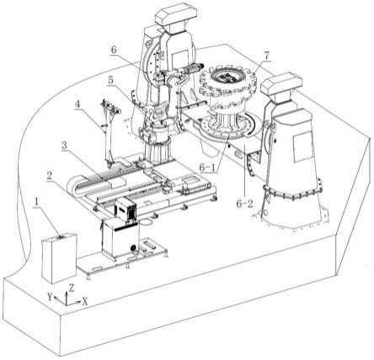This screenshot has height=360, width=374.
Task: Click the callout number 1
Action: (x=36, y=201)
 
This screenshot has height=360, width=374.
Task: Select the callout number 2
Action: (x=50, y=176)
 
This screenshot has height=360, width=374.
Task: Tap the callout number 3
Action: (x=65, y=146)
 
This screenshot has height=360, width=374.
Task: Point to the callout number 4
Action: (x=77, y=104)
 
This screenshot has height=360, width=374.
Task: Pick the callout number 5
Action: (x=111, y=80)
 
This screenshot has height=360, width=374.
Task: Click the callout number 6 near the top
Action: (x=114, y=50)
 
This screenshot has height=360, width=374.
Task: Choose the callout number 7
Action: (x=266, y=56)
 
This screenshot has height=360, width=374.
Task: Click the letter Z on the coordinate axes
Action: (x=72, y=288)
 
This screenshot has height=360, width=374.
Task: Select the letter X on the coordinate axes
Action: (x=85, y=302)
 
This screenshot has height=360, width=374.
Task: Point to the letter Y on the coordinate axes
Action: (x=50, y=297)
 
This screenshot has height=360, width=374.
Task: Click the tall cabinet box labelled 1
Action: (x=59, y=257)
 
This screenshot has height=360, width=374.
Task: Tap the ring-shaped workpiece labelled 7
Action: (x=228, y=84)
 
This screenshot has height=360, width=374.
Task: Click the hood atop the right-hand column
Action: (x=281, y=83)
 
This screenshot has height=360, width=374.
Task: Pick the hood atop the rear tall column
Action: (x=175, y=15)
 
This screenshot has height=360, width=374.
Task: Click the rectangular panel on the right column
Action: (x=302, y=146)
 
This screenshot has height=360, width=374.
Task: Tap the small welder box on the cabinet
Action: (x=126, y=209)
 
